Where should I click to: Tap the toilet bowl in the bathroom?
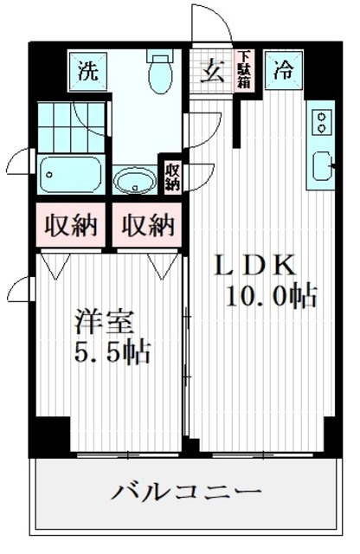point(159,78)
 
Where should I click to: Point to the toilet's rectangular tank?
point(158,55)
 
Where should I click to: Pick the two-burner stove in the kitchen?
point(322,121)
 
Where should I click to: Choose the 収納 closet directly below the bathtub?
point(71,226)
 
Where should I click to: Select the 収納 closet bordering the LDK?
point(147,226)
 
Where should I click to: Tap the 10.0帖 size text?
point(270,297)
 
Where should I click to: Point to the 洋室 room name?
point(103,323)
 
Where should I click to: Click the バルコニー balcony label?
point(185,493)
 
